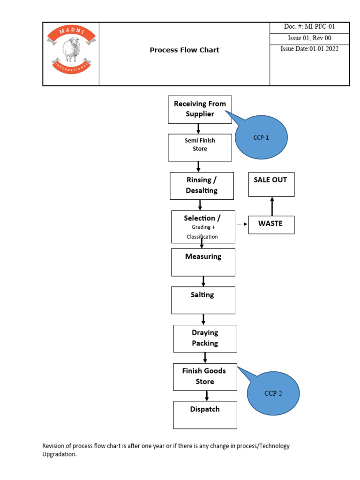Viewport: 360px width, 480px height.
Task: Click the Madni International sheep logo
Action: point(71,50)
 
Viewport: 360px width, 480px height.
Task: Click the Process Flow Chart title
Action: point(184,50)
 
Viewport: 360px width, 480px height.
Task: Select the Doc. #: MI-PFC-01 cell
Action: point(309,27)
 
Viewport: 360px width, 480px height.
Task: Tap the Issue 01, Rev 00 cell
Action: point(309,38)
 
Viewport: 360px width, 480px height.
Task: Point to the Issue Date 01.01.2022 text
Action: point(309,49)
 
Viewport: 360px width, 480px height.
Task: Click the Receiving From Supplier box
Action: point(200,109)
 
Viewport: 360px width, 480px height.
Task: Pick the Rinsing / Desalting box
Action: point(202,185)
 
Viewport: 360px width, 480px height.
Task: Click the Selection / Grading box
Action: point(202,227)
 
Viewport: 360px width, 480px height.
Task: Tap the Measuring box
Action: point(203,262)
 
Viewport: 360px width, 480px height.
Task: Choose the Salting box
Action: point(203,300)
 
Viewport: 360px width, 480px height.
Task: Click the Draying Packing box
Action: point(205,338)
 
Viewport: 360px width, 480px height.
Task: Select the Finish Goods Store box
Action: point(205,376)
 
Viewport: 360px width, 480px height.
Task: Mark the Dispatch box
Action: point(205,414)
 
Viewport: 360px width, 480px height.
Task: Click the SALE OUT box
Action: point(271,184)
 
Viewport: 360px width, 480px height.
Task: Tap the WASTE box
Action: point(271,224)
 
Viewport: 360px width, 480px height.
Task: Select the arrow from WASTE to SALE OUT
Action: point(272,206)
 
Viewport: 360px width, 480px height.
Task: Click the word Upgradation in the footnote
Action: point(59,454)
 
